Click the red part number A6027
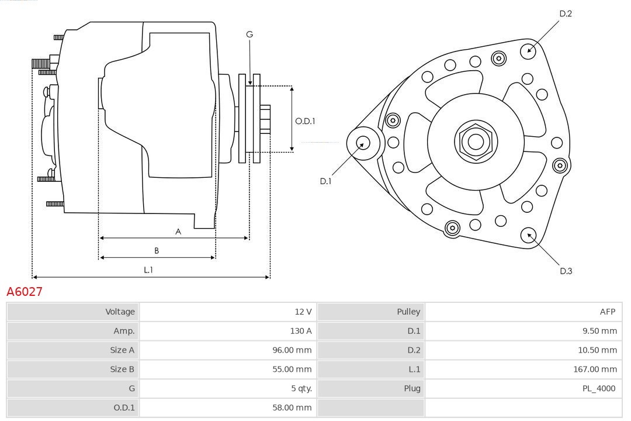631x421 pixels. [25, 292]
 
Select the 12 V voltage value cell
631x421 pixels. [303, 312]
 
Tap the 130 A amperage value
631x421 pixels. [301, 331]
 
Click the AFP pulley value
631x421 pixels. [607, 312]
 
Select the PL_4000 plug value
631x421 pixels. [599, 388]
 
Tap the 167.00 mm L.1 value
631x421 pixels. [595, 369]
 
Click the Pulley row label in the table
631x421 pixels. [408, 312]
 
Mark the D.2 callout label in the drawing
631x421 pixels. [565, 13]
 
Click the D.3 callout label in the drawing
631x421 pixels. [566, 271]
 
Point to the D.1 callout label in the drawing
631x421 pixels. [325, 181]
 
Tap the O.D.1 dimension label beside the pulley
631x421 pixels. [305, 122]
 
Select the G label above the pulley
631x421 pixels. [249, 34]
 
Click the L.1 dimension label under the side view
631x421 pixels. [148, 270]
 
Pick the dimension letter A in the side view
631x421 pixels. [178, 232]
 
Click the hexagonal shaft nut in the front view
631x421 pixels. [476, 142]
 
